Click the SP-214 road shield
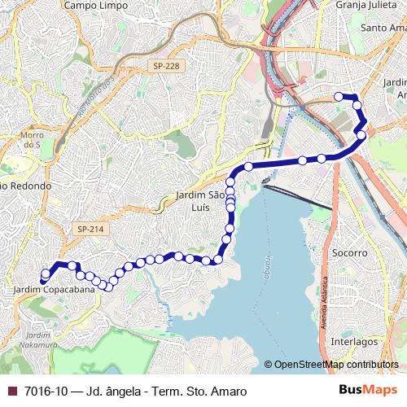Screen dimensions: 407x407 (x=91, y=230)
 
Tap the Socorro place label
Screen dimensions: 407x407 (x=350, y=253)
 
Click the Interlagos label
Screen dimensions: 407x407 (x=355, y=342)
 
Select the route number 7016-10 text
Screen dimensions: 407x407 (x=46, y=391)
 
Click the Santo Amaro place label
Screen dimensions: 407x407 (x=385, y=28)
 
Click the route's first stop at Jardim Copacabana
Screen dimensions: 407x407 (x=44, y=282)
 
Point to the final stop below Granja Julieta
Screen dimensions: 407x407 (x=339, y=96)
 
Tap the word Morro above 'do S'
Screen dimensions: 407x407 (x=31, y=134)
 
